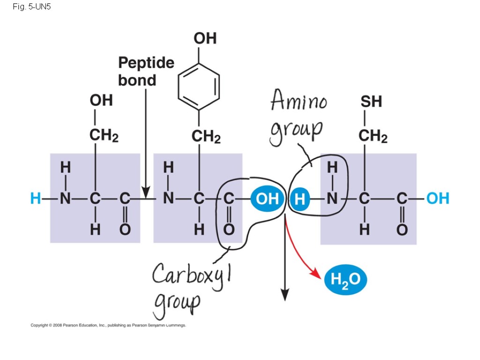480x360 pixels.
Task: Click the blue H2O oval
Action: (345, 280)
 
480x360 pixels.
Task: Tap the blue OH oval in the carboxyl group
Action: (268, 199)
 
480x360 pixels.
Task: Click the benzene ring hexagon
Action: (199, 86)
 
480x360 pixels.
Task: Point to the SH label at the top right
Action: (371, 101)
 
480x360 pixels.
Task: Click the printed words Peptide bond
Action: (145, 71)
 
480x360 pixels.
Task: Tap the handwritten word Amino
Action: (298, 101)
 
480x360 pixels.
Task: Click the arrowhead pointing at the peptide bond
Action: (146, 192)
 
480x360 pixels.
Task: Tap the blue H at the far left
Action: (35, 199)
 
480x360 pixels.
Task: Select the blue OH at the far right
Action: (438, 199)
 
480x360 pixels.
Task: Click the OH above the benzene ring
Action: (205, 38)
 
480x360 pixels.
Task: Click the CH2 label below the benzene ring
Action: (206, 137)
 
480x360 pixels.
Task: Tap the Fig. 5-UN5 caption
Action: (32, 8)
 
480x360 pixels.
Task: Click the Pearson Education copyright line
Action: (108, 325)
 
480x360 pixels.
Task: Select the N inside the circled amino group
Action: (332, 199)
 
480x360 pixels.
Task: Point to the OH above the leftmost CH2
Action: (101, 100)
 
